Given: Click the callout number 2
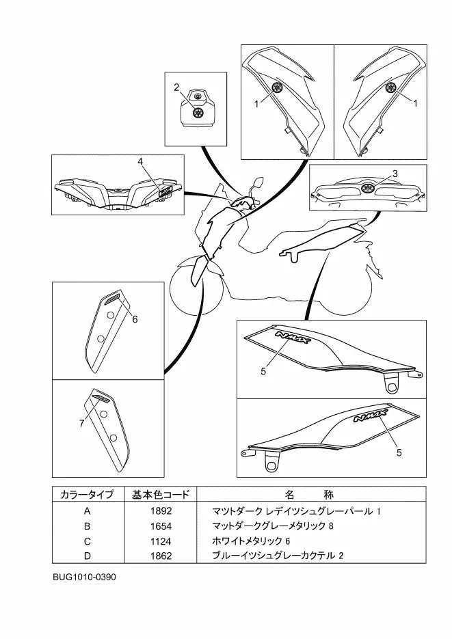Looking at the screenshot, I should pos(176,87).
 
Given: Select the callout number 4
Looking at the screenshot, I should pos(140,161).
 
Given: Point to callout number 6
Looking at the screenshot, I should pos(135,318).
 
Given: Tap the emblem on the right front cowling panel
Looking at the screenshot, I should pos(391,87).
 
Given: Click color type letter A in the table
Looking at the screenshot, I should pos(87,511).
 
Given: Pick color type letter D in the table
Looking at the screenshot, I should pos(87,556).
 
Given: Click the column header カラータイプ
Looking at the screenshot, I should pos(87,494).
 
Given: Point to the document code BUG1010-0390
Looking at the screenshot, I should pos(84,577).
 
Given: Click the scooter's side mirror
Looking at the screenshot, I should pos(258,182).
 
